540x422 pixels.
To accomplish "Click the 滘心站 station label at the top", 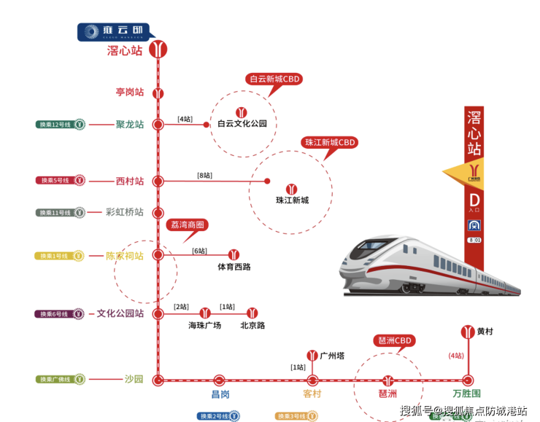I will tap(125, 51).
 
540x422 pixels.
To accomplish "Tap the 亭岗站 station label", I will tap(130, 93).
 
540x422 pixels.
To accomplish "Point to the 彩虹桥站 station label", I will tap(125, 212).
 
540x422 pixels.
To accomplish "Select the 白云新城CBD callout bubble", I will tap(275, 79).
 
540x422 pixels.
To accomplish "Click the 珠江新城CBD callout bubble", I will tap(330, 143).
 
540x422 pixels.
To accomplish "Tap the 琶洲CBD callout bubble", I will tap(396, 340).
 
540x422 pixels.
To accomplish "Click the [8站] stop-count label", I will tap(204, 175).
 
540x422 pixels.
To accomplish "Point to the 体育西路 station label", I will tap(234, 267).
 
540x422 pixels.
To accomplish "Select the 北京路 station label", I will tap(252, 325).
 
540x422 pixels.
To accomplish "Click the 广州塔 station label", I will tap(332, 356).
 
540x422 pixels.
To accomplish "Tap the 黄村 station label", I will tap(485, 332).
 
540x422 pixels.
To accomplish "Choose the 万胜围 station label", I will tap(467, 394).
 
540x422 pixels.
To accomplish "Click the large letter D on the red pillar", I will tap(474, 200).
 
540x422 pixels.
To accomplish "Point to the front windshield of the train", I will tap(359, 251).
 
